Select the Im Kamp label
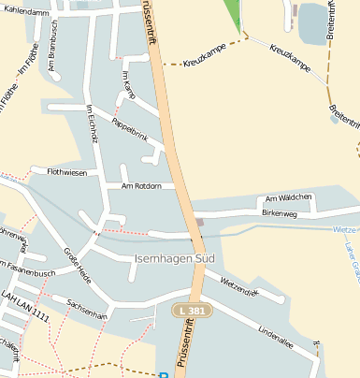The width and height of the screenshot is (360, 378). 129,84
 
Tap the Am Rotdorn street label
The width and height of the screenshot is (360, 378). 141,186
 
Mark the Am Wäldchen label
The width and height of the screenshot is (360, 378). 288,198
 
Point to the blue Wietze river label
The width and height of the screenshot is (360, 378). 344,229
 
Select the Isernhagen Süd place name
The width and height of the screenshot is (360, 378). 175,257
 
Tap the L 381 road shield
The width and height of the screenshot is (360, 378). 192,309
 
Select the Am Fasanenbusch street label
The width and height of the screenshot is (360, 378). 28,273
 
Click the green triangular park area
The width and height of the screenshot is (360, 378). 233,14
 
